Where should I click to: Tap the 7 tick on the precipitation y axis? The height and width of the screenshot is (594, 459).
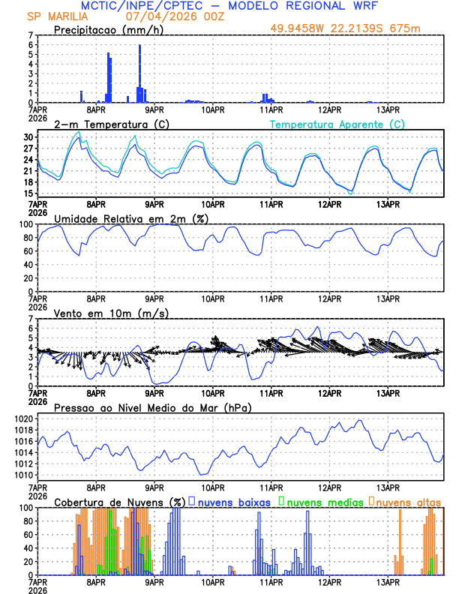click(31, 35)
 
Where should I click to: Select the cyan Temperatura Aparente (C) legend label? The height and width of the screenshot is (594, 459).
click(337, 124)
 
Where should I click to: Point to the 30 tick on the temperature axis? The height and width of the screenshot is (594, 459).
click(28, 137)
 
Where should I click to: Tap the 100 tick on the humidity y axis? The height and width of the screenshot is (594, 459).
click(26, 224)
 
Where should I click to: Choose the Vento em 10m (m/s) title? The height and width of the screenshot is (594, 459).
click(111, 313)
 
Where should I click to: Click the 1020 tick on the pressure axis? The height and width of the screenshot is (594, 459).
click(22, 418)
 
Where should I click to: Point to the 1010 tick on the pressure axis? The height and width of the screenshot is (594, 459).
click(22, 475)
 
